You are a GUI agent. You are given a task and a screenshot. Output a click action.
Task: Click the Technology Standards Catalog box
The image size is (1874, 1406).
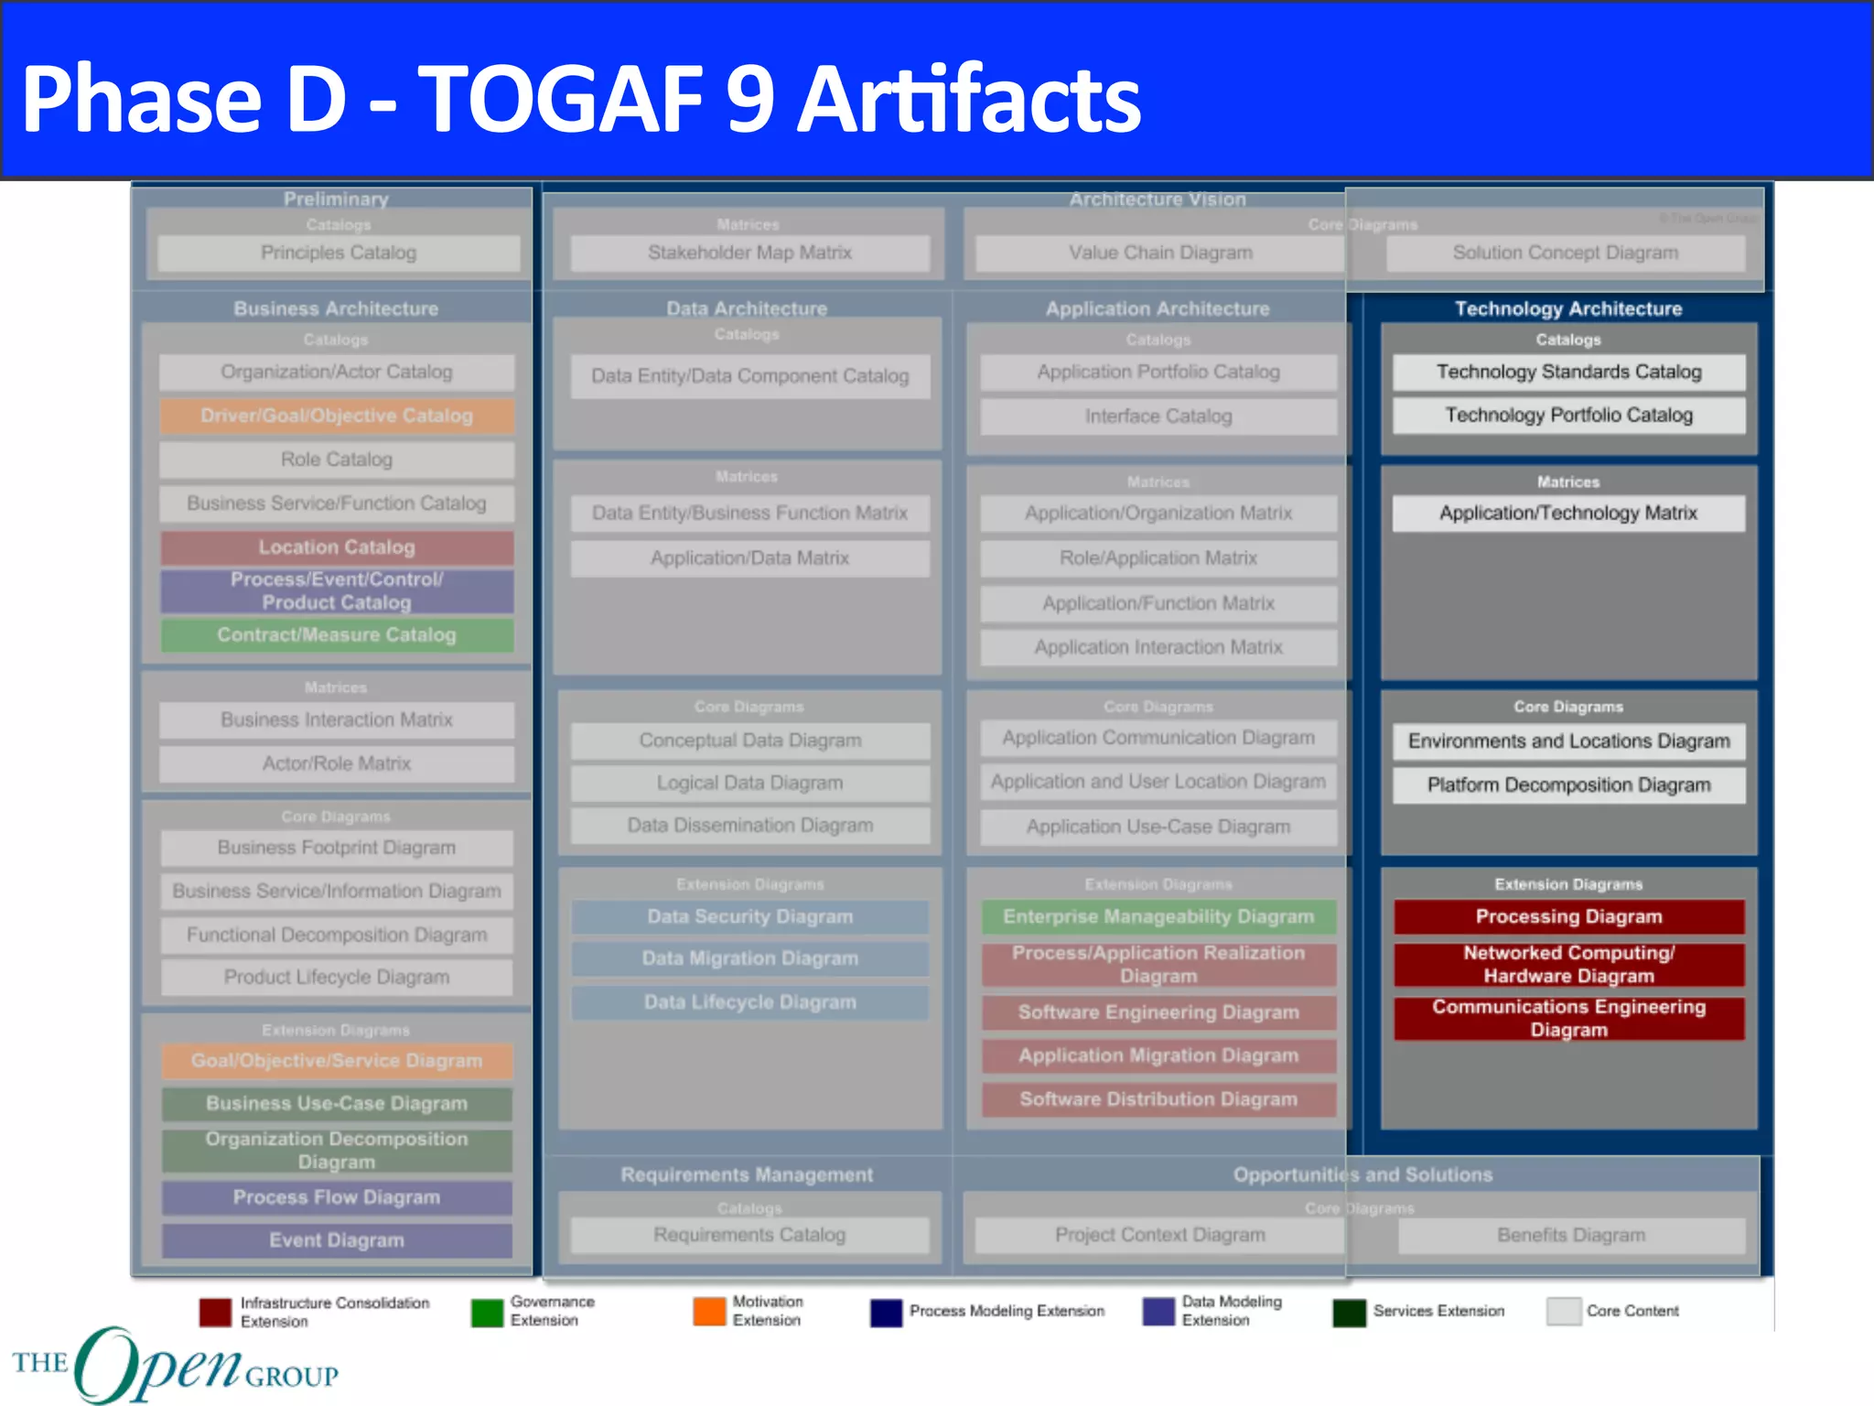point(1568,372)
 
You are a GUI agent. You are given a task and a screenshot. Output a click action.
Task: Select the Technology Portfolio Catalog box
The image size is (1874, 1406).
point(1568,416)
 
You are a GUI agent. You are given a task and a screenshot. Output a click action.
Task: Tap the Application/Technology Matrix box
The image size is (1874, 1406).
point(1568,514)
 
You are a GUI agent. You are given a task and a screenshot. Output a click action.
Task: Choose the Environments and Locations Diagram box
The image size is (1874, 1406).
point(1568,741)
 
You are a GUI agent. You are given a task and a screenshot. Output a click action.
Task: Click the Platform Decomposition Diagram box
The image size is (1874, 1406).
point(1568,785)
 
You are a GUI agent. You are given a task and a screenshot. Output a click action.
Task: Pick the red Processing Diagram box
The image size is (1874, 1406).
point(1568,917)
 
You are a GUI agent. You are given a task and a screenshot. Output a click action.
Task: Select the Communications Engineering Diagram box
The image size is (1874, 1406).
point(1568,1019)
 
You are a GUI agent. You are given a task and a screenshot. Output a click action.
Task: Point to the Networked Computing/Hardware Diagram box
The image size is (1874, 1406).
point(1568,965)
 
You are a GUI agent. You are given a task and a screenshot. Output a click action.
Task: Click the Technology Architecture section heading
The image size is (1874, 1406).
point(1568,309)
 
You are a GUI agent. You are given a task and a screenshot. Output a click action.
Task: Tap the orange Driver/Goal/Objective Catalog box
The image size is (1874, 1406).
point(337,416)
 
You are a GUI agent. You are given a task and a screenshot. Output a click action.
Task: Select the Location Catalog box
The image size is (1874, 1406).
point(337,547)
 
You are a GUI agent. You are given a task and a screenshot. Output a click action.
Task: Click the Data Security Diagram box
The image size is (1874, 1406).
point(749,917)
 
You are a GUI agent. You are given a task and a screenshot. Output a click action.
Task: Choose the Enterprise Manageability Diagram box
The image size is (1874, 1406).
point(1158,917)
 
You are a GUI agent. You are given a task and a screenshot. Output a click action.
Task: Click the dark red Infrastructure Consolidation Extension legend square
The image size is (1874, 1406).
point(215,1312)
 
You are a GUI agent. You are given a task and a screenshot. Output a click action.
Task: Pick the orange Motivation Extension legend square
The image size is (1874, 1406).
point(709,1312)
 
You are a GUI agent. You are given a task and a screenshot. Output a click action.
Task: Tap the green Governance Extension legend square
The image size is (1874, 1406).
point(487,1312)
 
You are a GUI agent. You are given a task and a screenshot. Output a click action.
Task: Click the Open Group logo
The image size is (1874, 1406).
point(174,1364)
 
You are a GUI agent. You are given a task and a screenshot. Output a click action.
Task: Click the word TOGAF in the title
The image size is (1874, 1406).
point(560,99)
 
